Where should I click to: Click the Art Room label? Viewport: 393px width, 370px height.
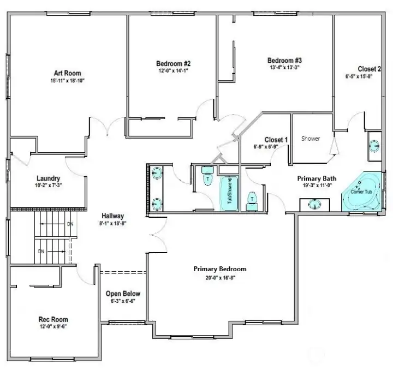pyautogui.click(x=68, y=73)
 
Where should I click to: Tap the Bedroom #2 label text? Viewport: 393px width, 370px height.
pyautogui.click(x=172, y=63)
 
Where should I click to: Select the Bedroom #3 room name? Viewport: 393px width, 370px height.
pyautogui.click(x=284, y=60)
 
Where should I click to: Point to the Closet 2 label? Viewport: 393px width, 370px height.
pyautogui.click(x=369, y=69)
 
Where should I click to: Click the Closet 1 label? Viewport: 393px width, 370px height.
pyautogui.click(x=276, y=139)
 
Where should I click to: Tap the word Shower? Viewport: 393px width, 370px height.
pyautogui.click(x=311, y=139)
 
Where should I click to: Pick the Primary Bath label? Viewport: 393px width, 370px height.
pyautogui.click(x=317, y=178)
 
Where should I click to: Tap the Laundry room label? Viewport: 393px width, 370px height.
pyautogui.click(x=48, y=178)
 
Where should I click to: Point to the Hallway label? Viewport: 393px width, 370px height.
pyautogui.click(x=113, y=216)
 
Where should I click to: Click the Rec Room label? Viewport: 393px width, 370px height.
pyautogui.click(x=53, y=319)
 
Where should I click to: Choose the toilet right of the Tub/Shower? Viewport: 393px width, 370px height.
pyautogui.click(x=252, y=201)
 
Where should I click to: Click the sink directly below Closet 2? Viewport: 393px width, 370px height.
pyautogui.click(x=374, y=146)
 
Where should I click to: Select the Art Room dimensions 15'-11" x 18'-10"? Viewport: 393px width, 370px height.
pyautogui.click(x=68, y=80)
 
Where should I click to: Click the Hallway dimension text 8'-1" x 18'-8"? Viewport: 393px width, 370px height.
pyautogui.click(x=113, y=223)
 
